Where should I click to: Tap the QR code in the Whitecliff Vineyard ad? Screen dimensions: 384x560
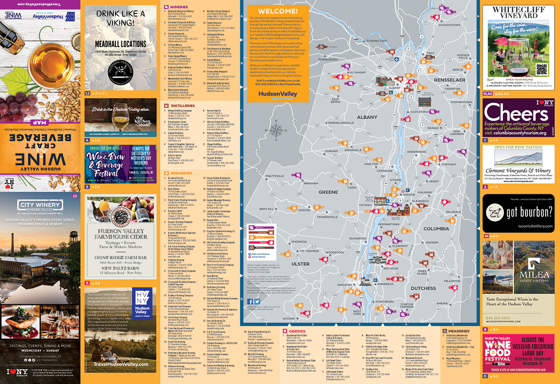[542, 70]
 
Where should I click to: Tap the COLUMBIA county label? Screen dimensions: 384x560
[436, 229]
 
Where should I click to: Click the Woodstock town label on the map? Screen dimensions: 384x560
[334, 252]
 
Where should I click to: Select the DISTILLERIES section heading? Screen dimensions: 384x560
[178, 106]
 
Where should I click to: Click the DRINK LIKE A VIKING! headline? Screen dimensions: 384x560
[121, 19]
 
